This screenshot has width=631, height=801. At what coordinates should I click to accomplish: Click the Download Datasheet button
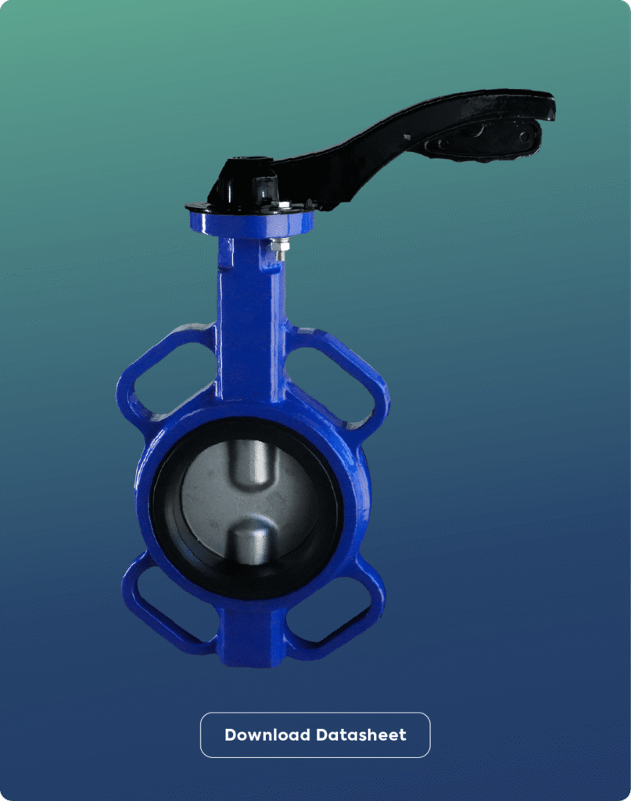pyautogui.click(x=315, y=735)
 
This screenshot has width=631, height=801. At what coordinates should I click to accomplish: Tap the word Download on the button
pyautogui.click(x=267, y=735)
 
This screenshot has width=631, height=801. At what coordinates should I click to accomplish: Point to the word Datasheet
pyautogui.click(x=361, y=735)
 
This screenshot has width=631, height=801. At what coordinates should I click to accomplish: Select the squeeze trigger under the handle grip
pyautogui.click(x=482, y=142)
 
